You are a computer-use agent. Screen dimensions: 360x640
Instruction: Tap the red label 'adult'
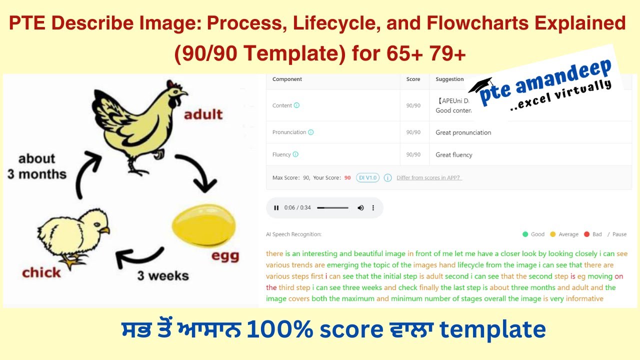tap(203, 114)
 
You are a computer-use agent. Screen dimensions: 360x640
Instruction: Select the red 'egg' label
tap(225, 255)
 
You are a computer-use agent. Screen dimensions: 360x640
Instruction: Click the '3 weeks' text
tap(163, 275)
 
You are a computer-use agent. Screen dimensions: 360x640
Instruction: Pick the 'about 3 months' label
tap(36, 166)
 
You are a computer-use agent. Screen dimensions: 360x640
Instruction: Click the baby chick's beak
tap(104, 230)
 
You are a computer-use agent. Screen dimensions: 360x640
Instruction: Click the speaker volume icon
tap(360, 208)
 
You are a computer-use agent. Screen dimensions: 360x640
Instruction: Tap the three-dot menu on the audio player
tap(373, 208)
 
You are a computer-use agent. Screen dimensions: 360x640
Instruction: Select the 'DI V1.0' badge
tap(367, 177)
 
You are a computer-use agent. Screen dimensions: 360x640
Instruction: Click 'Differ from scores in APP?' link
tap(429, 177)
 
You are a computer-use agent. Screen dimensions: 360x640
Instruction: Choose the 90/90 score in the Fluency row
tap(413, 154)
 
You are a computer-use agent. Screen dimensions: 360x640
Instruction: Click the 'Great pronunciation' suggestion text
tap(463, 132)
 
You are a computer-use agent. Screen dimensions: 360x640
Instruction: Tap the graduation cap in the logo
tap(480, 85)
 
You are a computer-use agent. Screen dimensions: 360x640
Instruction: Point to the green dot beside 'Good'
tap(525, 234)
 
